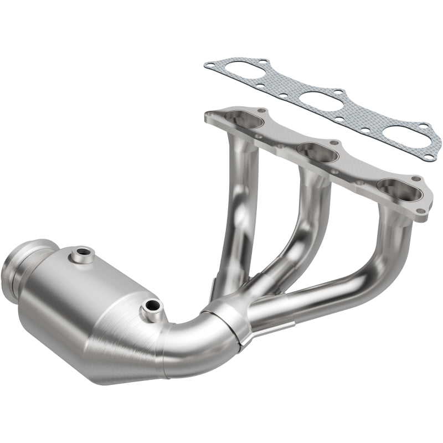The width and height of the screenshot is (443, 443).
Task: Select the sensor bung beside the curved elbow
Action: pos(151,305)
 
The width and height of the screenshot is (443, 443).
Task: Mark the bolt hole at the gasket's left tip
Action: pos(209,65)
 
